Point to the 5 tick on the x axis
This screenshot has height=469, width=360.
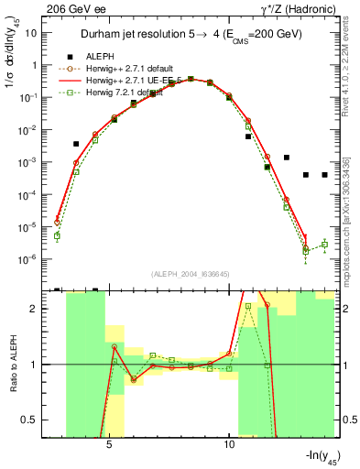click(x=109, y=438)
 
